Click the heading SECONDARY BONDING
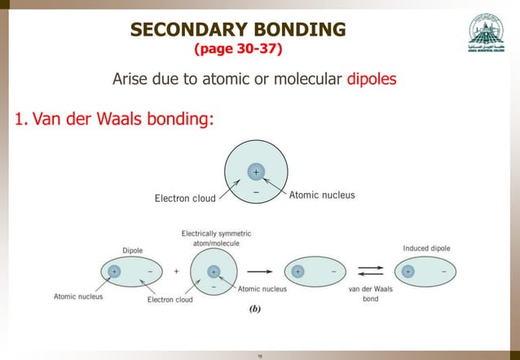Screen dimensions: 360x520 pos(238,30)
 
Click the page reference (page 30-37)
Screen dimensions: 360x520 pos(238,50)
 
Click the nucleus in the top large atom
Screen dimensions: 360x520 pos(255,172)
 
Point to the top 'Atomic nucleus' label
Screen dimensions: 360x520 pos(322,195)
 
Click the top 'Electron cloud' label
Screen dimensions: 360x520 pos(185,197)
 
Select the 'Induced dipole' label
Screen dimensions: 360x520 pos(426,248)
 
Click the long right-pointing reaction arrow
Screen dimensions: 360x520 pos(259,270)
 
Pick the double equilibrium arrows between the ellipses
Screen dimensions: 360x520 pos(370,270)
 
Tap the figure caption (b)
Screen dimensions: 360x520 pos(254,310)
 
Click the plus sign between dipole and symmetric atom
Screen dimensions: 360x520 pos(177,270)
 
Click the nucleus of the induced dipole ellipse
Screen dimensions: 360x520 pos(407,270)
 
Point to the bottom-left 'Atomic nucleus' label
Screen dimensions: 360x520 pos(78,296)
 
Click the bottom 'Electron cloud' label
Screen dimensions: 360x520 pos(170,299)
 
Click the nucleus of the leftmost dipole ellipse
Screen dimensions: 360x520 pos(113,270)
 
